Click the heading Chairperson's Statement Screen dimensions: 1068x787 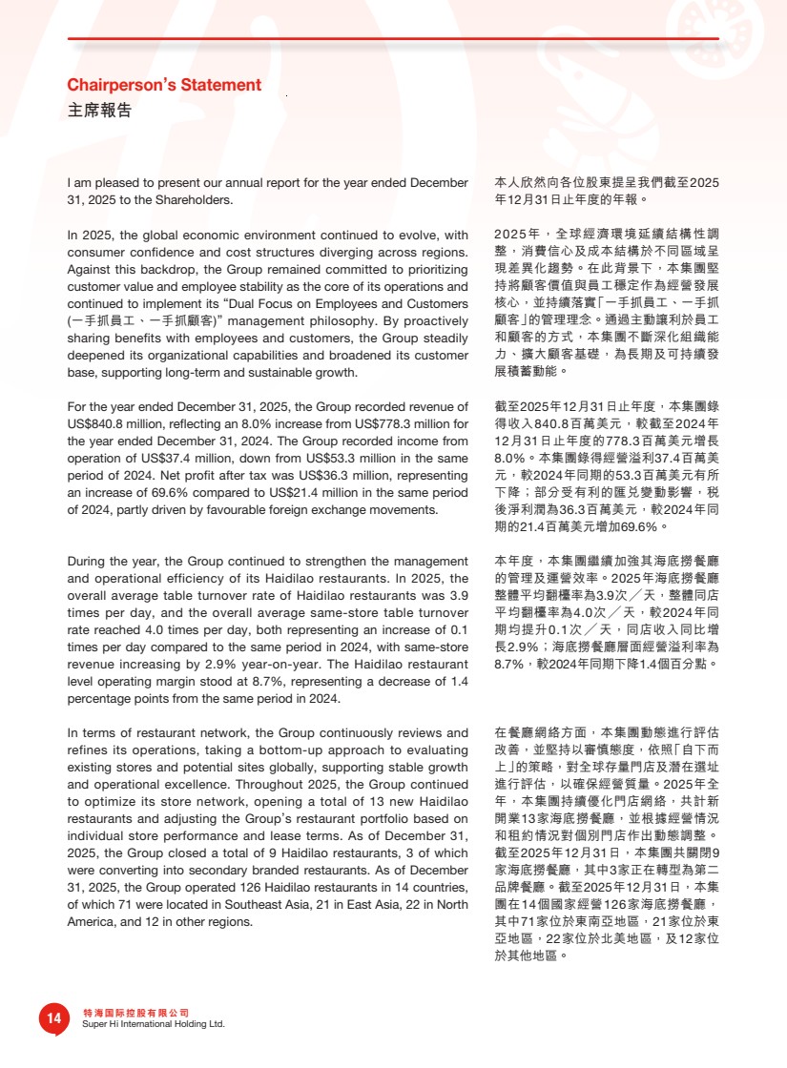click(164, 85)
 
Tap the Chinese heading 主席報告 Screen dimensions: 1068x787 click(99, 110)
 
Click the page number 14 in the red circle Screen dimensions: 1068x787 click(53, 1018)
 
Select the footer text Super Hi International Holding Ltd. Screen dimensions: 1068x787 click(154, 1024)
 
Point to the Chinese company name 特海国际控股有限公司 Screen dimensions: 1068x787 click(136, 1012)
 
